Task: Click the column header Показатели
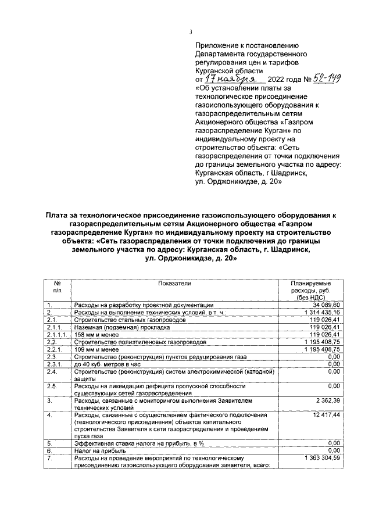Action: pos(174,283)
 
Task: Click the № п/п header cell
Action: pos(57,286)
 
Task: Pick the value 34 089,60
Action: pos(328,305)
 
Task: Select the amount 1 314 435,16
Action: pos(323,312)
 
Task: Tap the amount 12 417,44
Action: pos(327,415)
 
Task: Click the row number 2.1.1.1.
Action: pos(57,335)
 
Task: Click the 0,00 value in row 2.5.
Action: pos(332,385)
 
